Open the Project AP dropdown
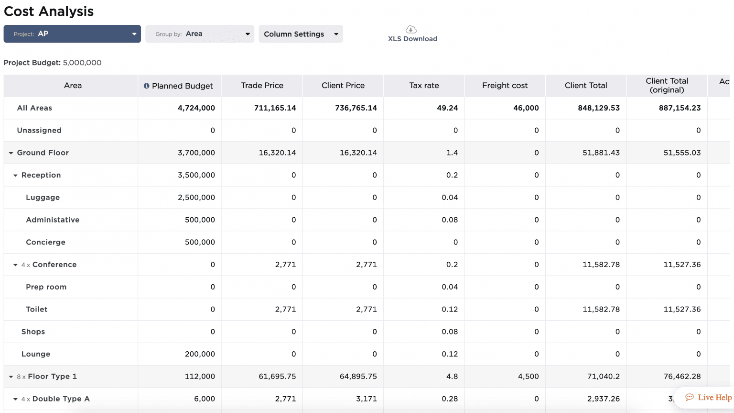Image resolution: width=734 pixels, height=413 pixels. click(72, 34)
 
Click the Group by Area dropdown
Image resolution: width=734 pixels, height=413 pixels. click(199, 34)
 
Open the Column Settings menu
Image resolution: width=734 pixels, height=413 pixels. click(301, 34)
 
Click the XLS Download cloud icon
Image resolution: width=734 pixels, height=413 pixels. click(411, 30)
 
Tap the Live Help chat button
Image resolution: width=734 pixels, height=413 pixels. click(709, 397)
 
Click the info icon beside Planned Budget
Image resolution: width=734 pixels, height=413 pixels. click(146, 86)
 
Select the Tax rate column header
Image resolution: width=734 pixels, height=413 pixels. click(424, 86)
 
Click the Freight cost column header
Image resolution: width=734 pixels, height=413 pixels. click(505, 86)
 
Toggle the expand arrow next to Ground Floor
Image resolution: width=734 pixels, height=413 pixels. click(11, 153)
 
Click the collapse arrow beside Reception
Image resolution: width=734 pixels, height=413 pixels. click(15, 176)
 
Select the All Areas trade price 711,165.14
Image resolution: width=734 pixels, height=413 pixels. click(275, 108)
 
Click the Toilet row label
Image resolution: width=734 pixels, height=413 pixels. click(37, 310)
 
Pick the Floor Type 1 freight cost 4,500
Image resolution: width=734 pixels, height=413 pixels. click(528, 377)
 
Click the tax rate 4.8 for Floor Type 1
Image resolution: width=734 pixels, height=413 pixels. click(452, 377)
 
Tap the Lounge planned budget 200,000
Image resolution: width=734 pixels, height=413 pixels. click(200, 354)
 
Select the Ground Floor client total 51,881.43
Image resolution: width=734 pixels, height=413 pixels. click(601, 153)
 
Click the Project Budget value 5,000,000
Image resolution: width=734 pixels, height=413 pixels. click(82, 63)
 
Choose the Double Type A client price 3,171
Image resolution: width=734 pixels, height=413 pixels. click(366, 399)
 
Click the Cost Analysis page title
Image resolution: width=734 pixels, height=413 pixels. click(49, 11)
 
